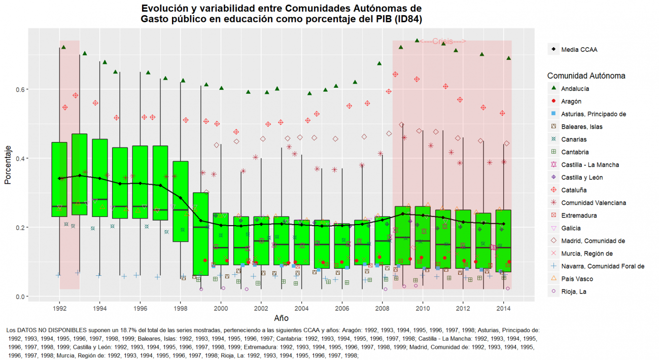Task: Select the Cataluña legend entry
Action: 573,190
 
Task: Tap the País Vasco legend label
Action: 577,279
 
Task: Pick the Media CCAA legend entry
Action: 579,50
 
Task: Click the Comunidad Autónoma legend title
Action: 586,76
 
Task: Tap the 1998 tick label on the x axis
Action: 181,308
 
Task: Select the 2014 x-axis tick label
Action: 503,308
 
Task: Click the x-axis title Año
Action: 282,318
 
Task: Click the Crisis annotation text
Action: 443,41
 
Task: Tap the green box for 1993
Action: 80,167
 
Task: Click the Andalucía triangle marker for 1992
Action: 63,47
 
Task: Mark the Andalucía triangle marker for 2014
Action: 508,58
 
